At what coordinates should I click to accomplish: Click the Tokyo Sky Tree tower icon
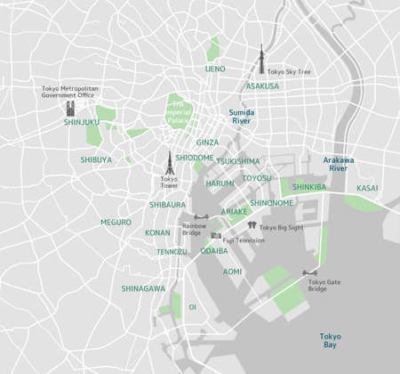click(x=261, y=59)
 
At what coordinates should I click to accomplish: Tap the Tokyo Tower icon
click(x=168, y=162)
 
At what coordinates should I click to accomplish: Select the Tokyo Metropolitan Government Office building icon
click(x=70, y=109)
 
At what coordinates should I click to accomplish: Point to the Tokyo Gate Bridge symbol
click(x=311, y=272)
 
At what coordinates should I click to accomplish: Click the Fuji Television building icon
click(x=216, y=234)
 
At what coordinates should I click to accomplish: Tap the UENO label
click(x=216, y=69)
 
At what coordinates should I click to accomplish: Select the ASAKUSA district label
click(x=262, y=86)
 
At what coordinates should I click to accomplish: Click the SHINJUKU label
click(x=82, y=122)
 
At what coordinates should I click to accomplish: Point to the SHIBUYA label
click(x=96, y=160)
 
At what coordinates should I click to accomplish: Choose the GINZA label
click(x=207, y=142)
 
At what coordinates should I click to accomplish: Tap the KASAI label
click(x=367, y=189)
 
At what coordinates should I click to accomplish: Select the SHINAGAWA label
click(x=143, y=289)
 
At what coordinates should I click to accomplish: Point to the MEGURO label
click(x=116, y=222)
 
